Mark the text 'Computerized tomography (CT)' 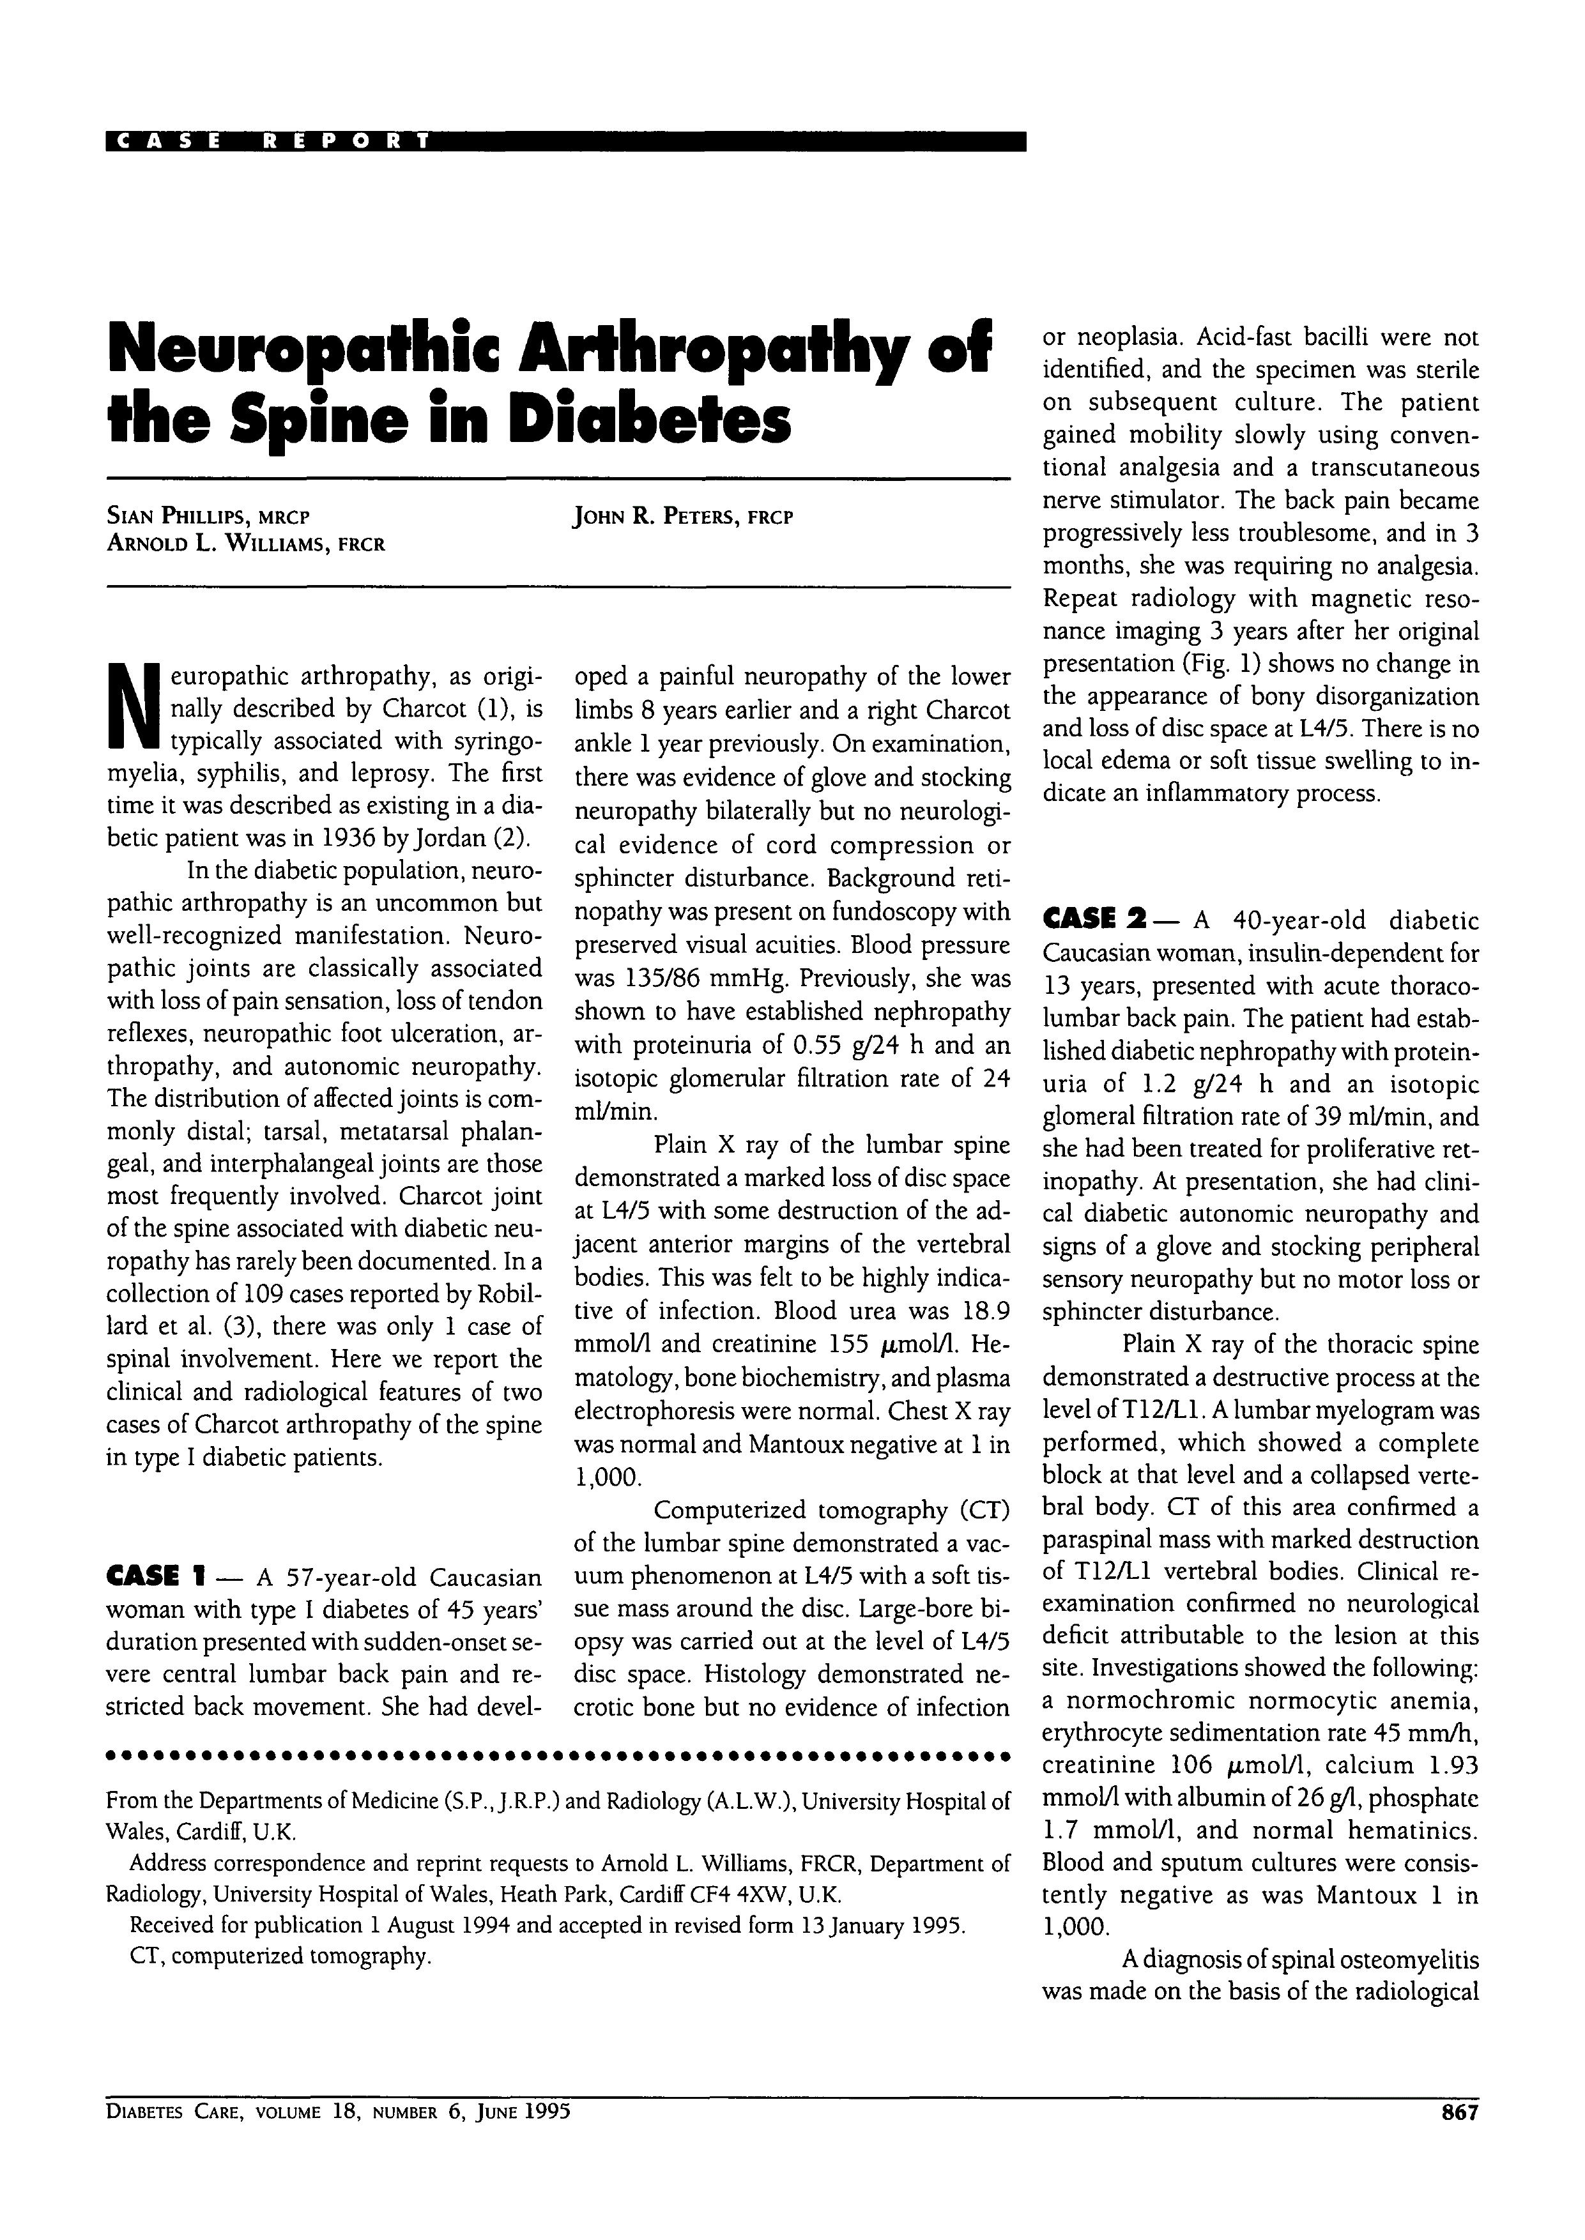(x=832, y=1510)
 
